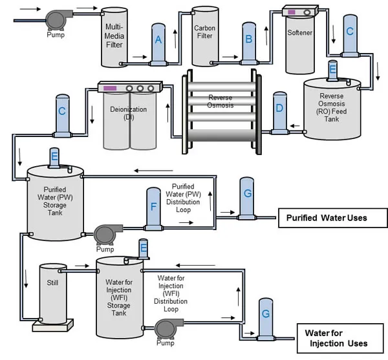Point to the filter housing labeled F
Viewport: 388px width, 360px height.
pyautogui.click(x=153, y=207)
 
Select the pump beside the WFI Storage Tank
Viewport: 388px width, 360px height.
pyautogui.click(x=170, y=326)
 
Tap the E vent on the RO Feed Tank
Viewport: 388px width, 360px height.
pyautogui.click(x=332, y=70)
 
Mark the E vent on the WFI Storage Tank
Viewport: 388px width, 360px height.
pyautogui.click(x=144, y=248)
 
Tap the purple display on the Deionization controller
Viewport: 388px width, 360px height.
pyautogui.click(x=111, y=88)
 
